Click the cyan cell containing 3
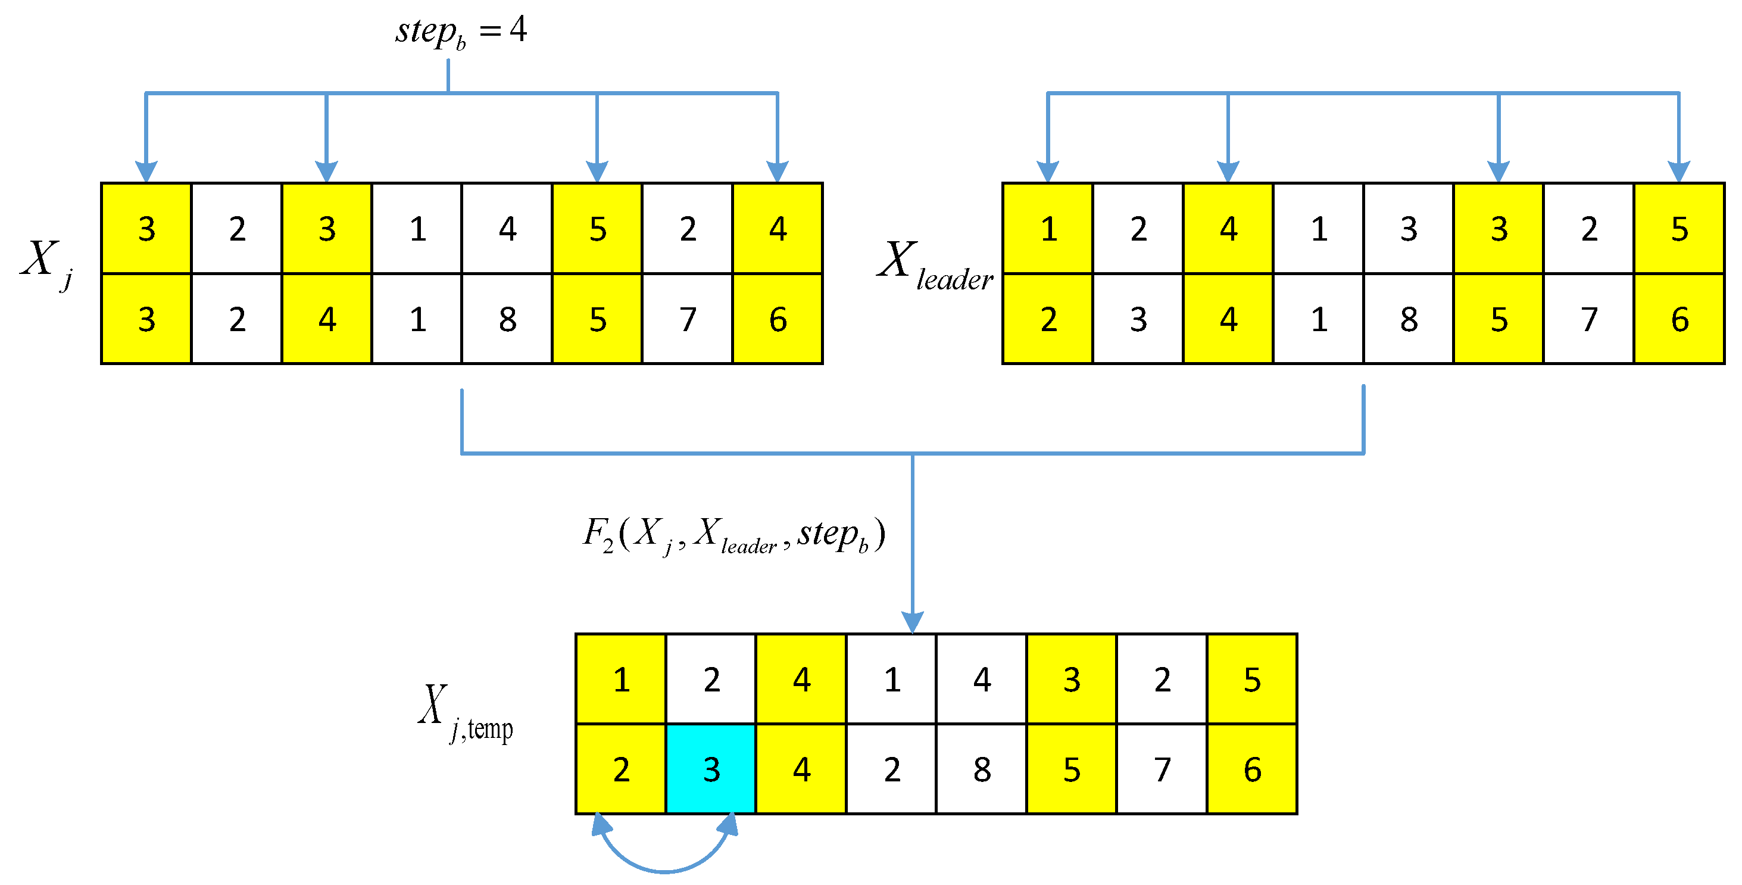711,769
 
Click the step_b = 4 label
461,31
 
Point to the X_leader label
935,265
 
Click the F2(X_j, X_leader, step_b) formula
733,535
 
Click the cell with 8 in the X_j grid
507,319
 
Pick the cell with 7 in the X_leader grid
1589,319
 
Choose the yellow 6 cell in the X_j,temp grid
1251,769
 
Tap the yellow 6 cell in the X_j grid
778,319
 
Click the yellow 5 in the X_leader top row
1679,229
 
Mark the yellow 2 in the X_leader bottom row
1048,319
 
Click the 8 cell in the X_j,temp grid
982,769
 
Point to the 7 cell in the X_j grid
688,319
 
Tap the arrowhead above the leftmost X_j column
146,170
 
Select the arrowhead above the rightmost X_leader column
1679,170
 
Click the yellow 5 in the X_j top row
597,229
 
